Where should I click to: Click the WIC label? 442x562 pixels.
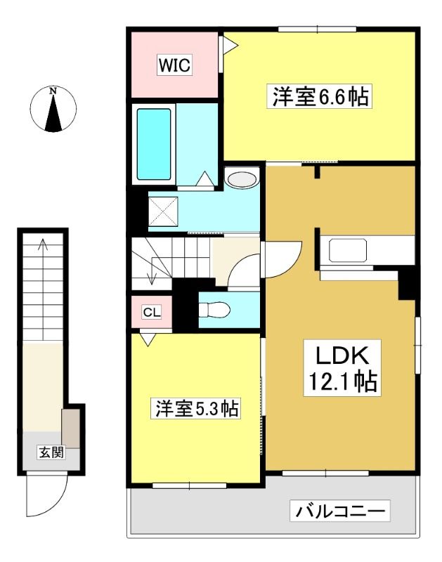174,65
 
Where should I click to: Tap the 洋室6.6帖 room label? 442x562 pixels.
320,96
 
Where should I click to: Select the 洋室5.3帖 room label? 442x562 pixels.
197,409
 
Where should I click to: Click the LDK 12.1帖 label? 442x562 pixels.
342,368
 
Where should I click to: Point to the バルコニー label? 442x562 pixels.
340,511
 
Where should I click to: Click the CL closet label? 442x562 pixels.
152,312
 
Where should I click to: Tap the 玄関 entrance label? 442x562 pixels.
51,452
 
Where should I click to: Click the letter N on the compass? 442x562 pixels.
53,91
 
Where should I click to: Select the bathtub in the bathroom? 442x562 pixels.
154,144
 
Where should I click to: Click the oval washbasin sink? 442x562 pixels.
242,179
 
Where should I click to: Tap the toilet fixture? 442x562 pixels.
214,310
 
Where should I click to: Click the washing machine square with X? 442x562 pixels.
163,211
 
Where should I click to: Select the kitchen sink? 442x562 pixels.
348,250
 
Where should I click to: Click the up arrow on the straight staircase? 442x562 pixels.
44,289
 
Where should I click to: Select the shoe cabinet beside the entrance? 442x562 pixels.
70,428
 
